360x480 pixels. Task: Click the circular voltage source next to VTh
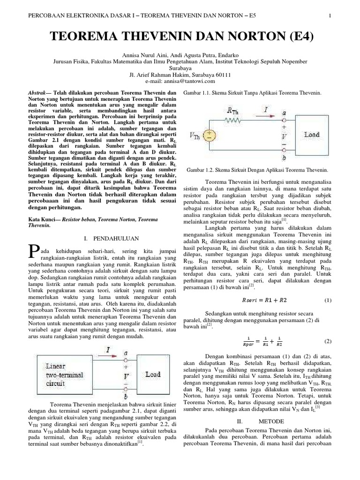click(211, 135)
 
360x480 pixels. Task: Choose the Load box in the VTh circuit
click(311, 135)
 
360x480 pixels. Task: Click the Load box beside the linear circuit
click(152, 375)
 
